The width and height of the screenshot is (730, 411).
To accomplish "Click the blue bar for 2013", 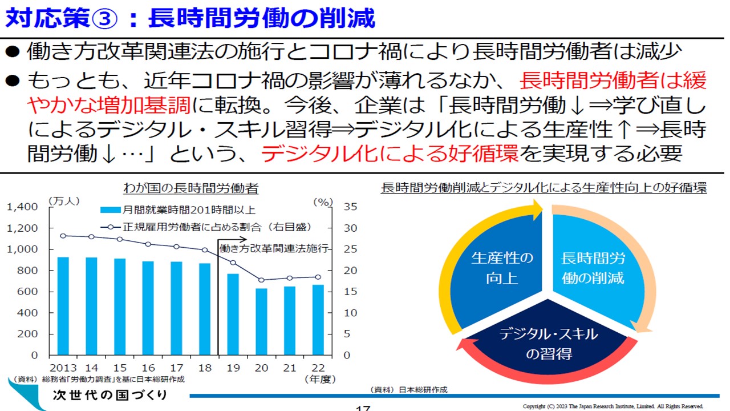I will [x=63, y=306].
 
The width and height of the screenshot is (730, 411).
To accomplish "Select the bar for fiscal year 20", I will [x=261, y=321].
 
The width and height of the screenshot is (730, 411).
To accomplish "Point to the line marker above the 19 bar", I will [x=233, y=263].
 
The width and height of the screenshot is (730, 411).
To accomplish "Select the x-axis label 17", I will [x=176, y=368].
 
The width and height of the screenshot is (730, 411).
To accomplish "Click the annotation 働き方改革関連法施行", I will [x=274, y=249].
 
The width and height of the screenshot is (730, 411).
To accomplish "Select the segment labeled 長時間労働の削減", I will [x=593, y=268].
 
